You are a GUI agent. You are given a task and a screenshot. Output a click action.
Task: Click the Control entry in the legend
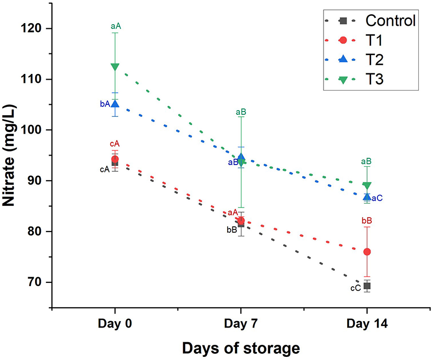click(390, 21)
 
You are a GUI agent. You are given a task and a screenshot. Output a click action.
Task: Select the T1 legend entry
click(376, 41)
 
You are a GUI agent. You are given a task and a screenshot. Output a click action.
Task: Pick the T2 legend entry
click(376, 60)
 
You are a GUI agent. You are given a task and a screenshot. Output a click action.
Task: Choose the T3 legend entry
click(376, 80)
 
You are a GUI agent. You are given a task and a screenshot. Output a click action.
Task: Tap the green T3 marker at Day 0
click(115, 67)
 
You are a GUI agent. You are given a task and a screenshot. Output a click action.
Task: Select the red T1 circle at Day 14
click(367, 252)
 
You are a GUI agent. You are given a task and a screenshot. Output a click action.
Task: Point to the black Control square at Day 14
click(367, 286)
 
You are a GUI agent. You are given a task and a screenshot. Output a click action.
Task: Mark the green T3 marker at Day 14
click(367, 186)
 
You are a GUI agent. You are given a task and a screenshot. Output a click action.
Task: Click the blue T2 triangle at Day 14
click(367, 197)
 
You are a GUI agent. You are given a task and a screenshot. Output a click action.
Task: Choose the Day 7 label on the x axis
click(241, 325)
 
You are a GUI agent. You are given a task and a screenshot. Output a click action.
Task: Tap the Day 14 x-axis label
click(367, 325)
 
